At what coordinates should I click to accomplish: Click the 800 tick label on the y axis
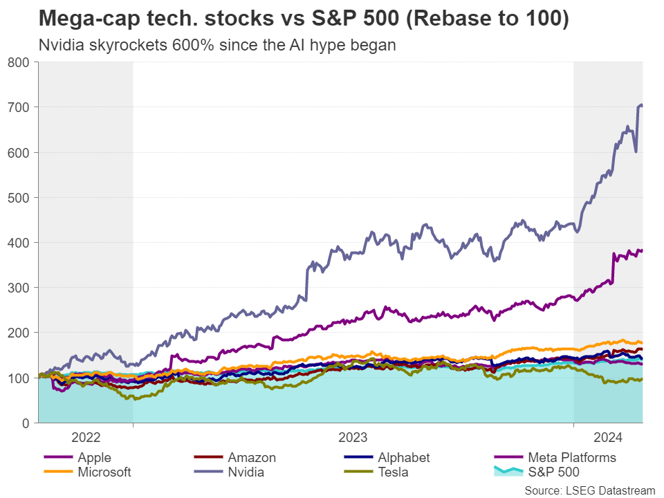coord(19,62)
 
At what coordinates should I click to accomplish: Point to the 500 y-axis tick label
coord(19,197)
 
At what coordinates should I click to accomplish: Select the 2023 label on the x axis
coord(353,437)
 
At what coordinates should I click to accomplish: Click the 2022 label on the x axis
coord(86,437)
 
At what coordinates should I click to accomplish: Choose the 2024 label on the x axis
coord(608,437)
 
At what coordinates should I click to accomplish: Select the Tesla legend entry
coord(393,472)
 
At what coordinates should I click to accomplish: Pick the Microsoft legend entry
coord(104,472)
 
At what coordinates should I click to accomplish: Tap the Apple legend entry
coord(94,458)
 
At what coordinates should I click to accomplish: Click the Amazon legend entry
coord(252,458)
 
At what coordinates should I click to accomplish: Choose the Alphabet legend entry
coord(404,458)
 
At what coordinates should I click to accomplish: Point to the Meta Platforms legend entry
coord(571,458)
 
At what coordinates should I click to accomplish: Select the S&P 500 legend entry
coord(554,472)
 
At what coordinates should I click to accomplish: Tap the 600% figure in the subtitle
coord(190,46)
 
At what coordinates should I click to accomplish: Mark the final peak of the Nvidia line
coord(640,104)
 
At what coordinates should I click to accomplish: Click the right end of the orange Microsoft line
coord(642,343)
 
